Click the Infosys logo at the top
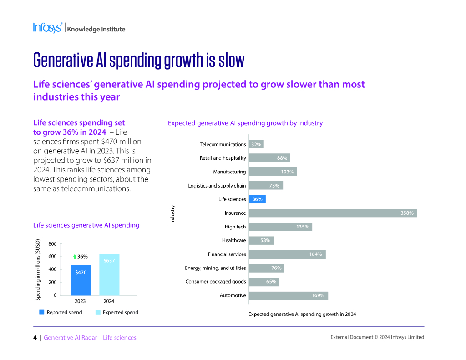pyautogui.click(x=47, y=28)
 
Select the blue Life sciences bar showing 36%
pyautogui.click(x=257, y=199)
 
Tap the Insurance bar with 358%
pyautogui.click(x=332, y=213)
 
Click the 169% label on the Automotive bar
pyautogui.click(x=318, y=295)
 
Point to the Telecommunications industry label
pyautogui.click(x=223, y=144)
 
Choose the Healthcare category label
pyautogui.click(x=234, y=240)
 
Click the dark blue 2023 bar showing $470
pyautogui.click(x=81, y=280)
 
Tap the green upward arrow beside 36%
pyautogui.click(x=75, y=257)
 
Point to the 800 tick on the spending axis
pyautogui.click(x=52, y=244)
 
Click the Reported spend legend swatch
pyautogui.click(x=42, y=313)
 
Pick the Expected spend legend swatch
pyautogui.click(x=98, y=313)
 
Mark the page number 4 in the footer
pyautogui.click(x=35, y=338)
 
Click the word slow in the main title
pyautogui.click(x=231, y=60)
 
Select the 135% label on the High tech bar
pyautogui.click(x=303, y=227)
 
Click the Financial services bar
pyautogui.click(x=287, y=254)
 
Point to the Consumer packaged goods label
pyautogui.click(x=216, y=282)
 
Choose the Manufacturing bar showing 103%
pyautogui.click(x=273, y=172)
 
